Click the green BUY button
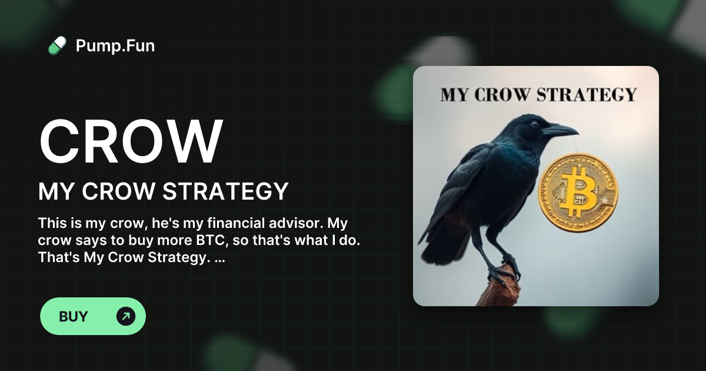[92, 316]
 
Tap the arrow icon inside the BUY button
[125, 316]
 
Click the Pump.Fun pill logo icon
[57, 45]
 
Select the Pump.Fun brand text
[115, 45]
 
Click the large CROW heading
[131, 143]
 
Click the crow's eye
[534, 124]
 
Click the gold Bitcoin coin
[578, 192]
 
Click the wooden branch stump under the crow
[498, 291]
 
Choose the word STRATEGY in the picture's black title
[595, 95]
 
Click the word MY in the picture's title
[454, 95]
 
